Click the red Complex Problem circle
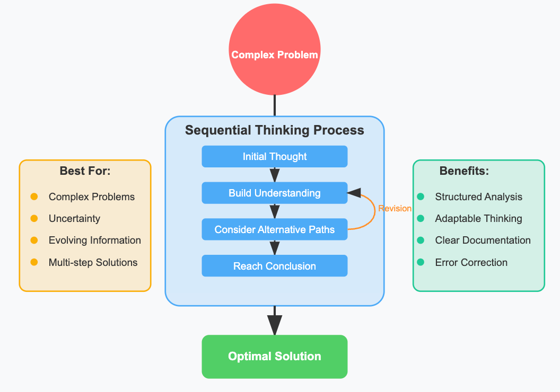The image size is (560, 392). click(275, 54)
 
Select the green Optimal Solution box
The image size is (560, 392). click(275, 357)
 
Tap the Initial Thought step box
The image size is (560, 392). click(275, 157)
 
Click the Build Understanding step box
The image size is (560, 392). click(275, 193)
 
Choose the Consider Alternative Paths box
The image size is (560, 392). click(275, 229)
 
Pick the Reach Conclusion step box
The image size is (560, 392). click(275, 266)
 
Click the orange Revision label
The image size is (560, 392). click(395, 209)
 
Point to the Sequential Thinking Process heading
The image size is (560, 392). click(275, 130)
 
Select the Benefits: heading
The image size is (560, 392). click(464, 171)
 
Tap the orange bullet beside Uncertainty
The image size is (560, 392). click(34, 218)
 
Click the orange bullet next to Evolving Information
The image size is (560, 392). click(34, 240)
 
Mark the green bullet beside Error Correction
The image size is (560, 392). click(421, 262)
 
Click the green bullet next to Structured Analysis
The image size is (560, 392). click(421, 197)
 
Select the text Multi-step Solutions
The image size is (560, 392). click(93, 262)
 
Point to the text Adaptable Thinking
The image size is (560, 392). click(478, 218)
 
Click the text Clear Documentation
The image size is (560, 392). click(483, 240)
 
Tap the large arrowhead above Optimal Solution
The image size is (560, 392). click(275, 324)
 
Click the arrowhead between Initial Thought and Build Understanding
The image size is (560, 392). click(275, 175)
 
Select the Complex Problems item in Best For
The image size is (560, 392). click(92, 197)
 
